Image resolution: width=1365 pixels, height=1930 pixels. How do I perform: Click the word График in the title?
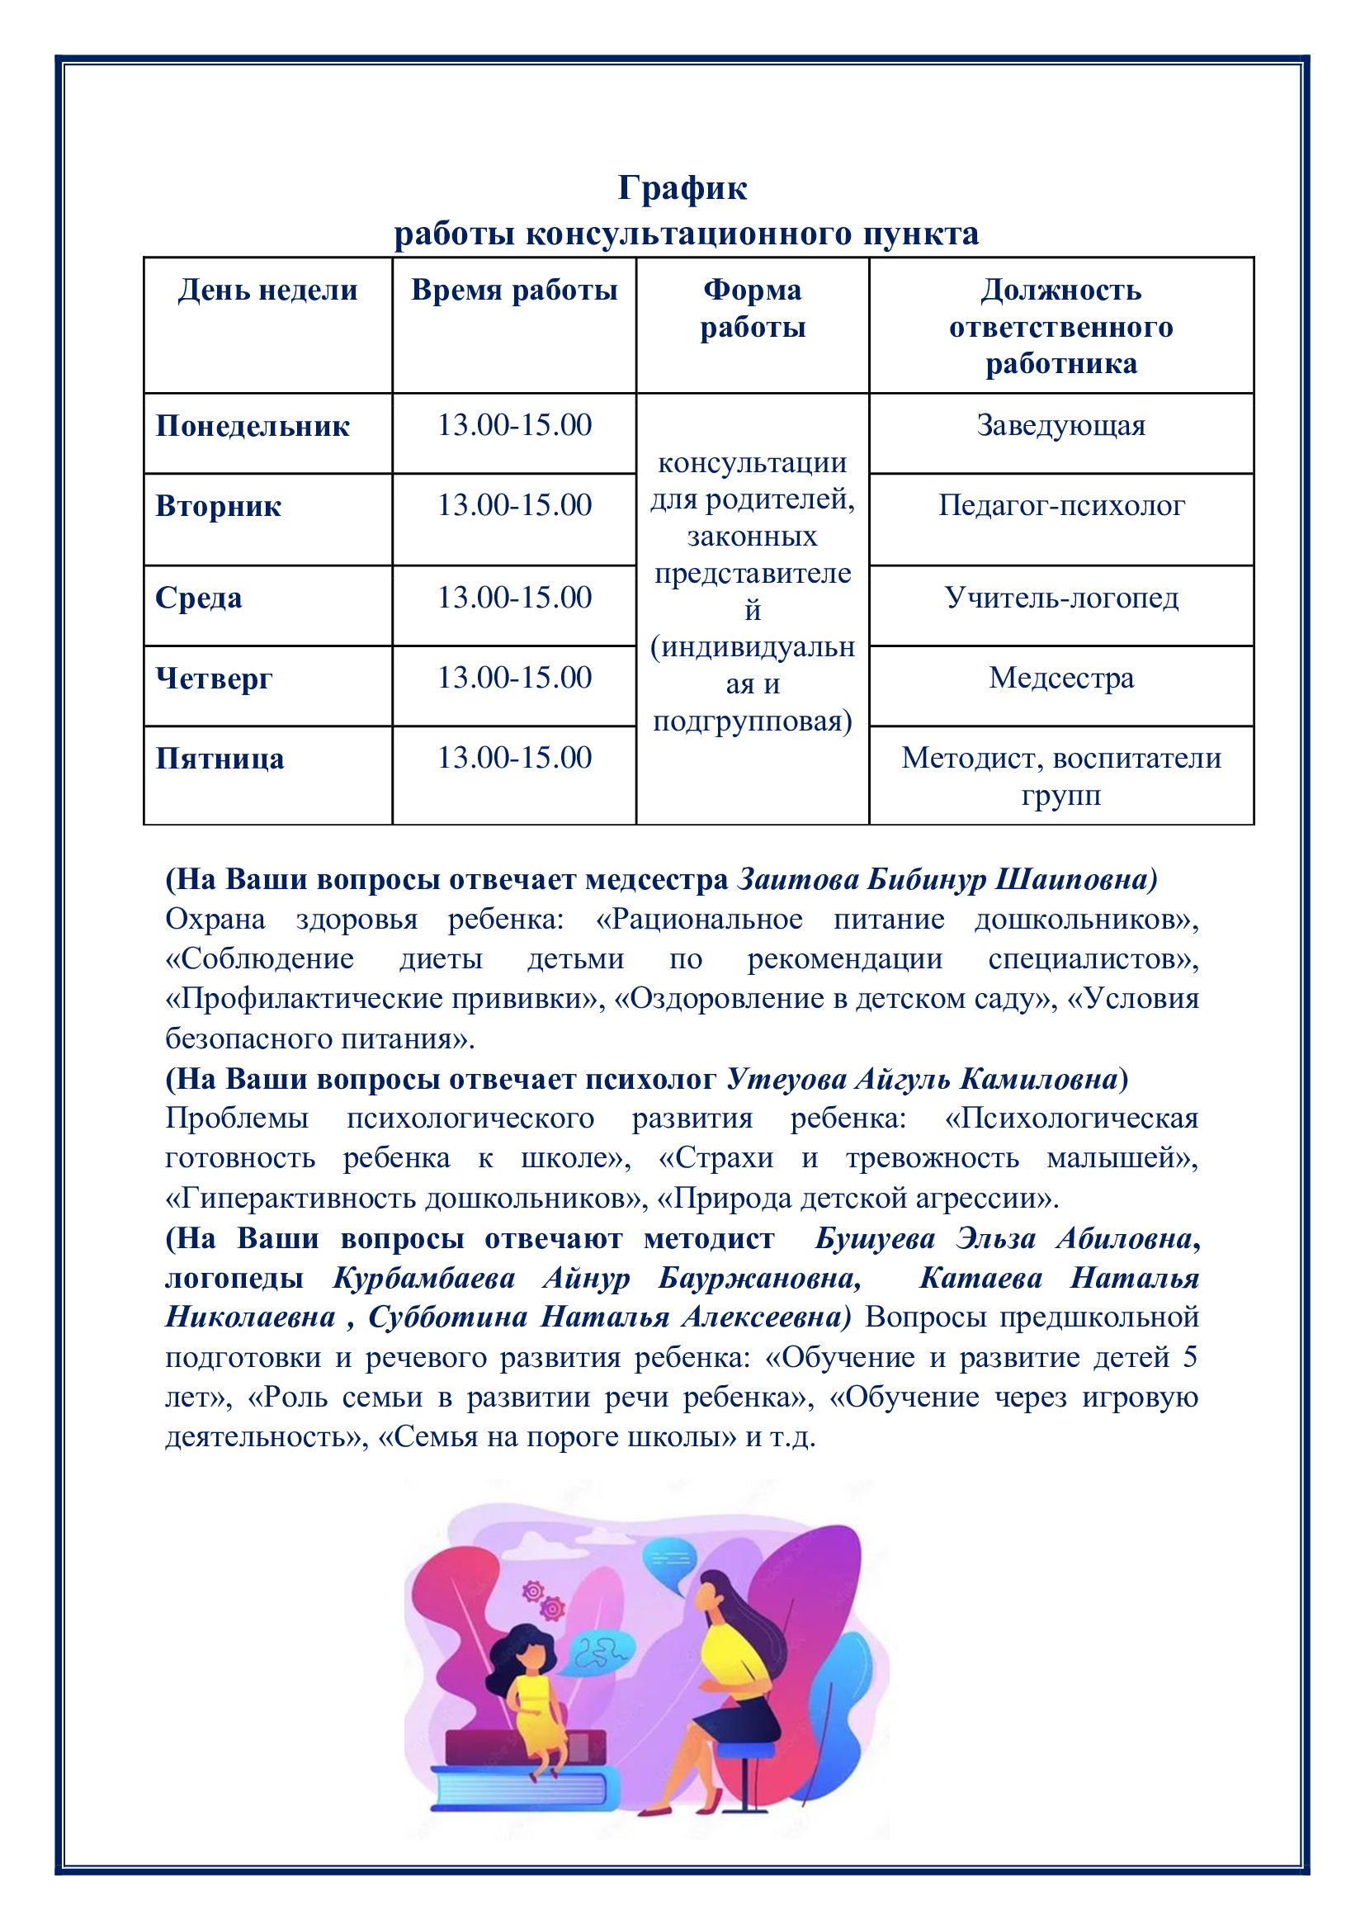pyautogui.click(x=682, y=187)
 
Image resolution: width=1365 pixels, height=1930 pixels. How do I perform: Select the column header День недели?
pyautogui.click(x=267, y=290)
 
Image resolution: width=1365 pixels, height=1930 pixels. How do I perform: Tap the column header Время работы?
pyautogui.click(x=513, y=290)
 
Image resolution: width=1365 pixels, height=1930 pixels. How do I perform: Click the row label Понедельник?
pyautogui.click(x=253, y=425)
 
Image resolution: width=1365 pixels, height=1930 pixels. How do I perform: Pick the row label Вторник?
pyautogui.click(x=218, y=506)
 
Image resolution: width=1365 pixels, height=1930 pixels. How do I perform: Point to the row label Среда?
pyautogui.click(x=198, y=598)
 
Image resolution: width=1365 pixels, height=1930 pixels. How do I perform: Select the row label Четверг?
pyautogui.click(x=214, y=679)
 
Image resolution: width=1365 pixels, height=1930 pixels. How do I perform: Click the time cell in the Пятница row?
pyautogui.click(x=514, y=757)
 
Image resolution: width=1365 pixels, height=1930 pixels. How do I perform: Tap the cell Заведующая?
pyautogui.click(x=1060, y=425)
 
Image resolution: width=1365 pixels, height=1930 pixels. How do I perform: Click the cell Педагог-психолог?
pyautogui.click(x=1060, y=505)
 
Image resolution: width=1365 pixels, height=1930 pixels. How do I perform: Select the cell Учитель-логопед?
pyautogui.click(x=1060, y=598)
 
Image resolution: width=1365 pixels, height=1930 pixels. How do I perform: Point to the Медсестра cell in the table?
pyautogui.click(x=1060, y=678)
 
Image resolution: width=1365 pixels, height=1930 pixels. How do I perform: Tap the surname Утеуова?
pyautogui.click(x=785, y=1078)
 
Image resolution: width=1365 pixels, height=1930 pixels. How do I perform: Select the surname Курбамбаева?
pyautogui.click(x=423, y=1278)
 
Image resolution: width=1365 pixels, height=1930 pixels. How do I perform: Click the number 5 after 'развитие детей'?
pyautogui.click(x=1189, y=1358)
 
